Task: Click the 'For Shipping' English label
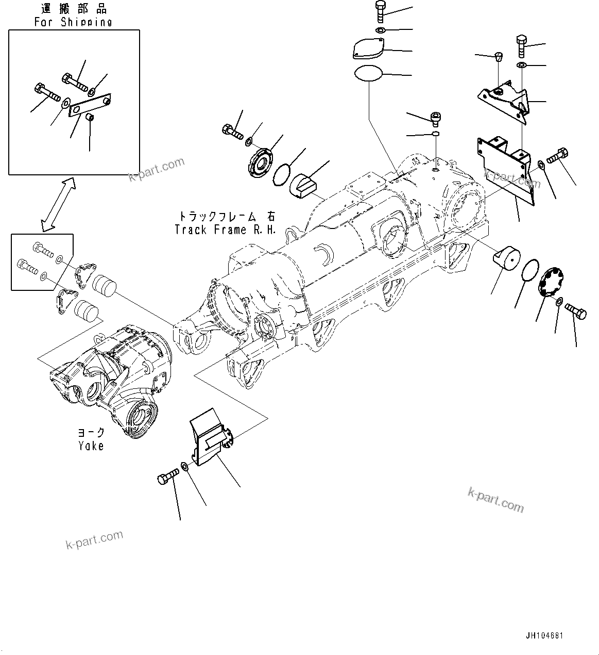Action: pyautogui.click(x=73, y=22)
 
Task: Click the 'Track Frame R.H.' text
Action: pyautogui.click(x=225, y=230)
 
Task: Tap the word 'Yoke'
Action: pyautogui.click(x=91, y=446)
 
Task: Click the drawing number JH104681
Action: pyautogui.click(x=544, y=635)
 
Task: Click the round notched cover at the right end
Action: pyautogui.click(x=552, y=282)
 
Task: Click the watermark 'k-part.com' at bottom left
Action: pyautogui.click(x=94, y=539)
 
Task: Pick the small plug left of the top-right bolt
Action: pyautogui.click(x=499, y=56)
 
